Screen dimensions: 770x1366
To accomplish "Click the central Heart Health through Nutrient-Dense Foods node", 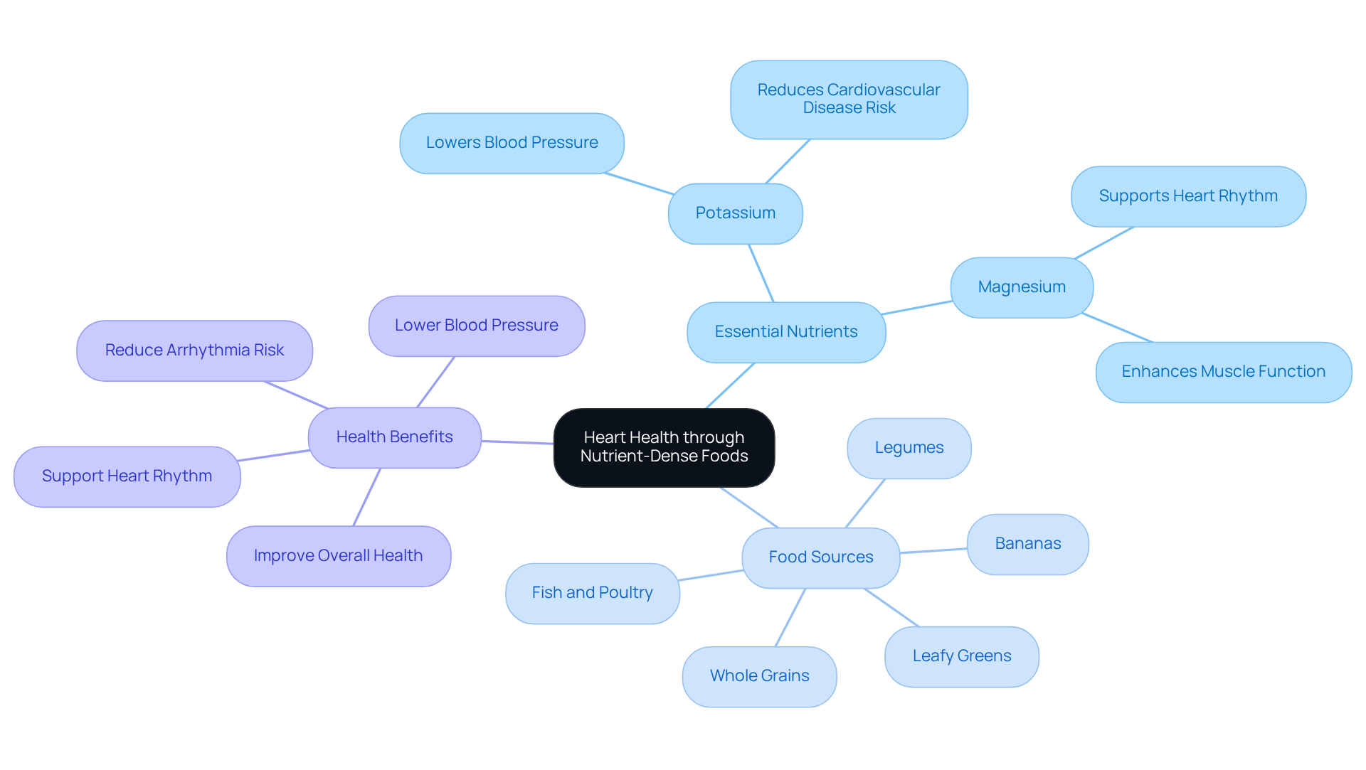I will [x=664, y=447].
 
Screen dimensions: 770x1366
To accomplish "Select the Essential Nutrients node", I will [x=786, y=332].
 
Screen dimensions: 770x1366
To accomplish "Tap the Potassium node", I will [x=735, y=213].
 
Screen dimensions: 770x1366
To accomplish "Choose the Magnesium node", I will [x=1021, y=287].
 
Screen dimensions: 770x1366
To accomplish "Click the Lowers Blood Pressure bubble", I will [x=512, y=143].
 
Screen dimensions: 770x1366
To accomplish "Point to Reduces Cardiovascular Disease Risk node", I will [x=848, y=100].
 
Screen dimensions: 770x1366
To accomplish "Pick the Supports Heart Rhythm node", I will [x=1187, y=196].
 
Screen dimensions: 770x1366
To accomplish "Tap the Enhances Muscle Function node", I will [x=1223, y=372].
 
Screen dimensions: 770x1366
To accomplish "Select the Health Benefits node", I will [x=394, y=437].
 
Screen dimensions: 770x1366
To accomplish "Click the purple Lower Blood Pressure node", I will [x=476, y=326].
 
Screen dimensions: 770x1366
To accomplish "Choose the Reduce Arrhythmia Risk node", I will [x=194, y=351].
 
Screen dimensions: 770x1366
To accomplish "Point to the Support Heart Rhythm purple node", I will [x=127, y=476].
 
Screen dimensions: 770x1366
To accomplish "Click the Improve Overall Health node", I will [x=338, y=556].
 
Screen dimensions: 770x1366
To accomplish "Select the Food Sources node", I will [x=820, y=557].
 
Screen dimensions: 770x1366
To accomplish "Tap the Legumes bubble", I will [x=909, y=448].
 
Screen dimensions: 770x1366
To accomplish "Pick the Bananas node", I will [x=1027, y=544].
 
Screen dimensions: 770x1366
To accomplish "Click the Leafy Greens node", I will [x=961, y=656].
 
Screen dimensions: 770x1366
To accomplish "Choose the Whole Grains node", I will [x=759, y=676].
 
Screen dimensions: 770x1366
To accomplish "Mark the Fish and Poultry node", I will [x=592, y=593].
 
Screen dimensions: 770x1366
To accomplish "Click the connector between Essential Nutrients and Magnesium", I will [x=918, y=307].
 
